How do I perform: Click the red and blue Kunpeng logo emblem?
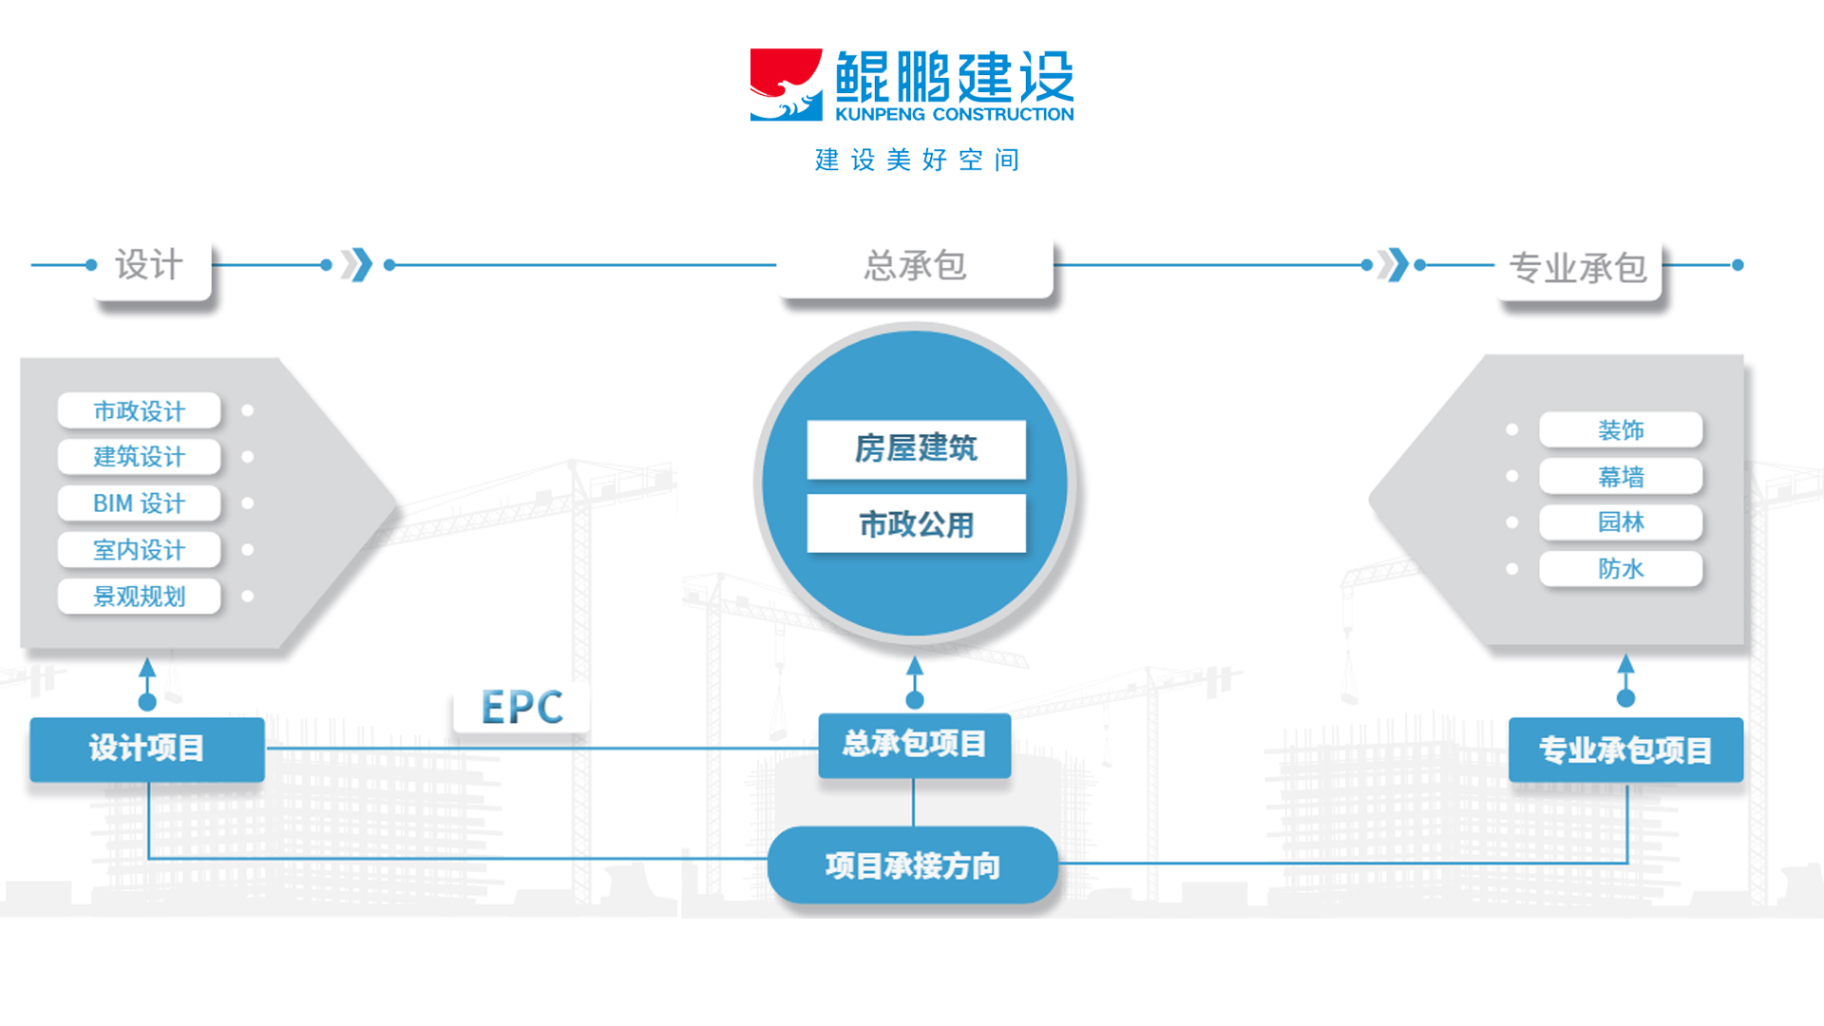click(786, 85)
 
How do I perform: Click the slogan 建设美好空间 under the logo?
click(917, 160)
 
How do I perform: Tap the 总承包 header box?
click(915, 266)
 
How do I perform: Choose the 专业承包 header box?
click(1578, 269)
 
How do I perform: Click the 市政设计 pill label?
click(140, 410)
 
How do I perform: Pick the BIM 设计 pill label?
click(140, 503)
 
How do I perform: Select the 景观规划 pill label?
click(140, 597)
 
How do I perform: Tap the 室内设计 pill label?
click(140, 550)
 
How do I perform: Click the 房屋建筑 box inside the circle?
click(916, 448)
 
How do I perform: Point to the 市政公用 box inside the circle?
click(916, 523)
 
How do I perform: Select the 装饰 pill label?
click(1621, 430)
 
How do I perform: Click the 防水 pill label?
click(1621, 569)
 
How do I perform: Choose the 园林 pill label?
click(1621, 522)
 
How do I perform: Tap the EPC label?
click(522, 708)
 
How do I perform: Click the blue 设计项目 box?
click(147, 749)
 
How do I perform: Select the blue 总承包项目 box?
click(914, 744)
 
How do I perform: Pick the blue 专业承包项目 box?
click(1625, 750)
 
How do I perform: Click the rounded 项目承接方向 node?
click(912, 865)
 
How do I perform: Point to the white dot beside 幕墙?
click(1511, 476)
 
